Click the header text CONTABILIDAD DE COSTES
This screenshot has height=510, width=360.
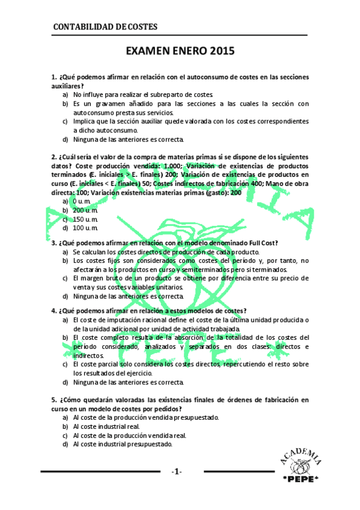(105, 26)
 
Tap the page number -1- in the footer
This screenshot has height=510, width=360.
(175, 472)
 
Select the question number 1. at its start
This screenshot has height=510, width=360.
(54, 78)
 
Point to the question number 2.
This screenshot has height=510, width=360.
(54, 158)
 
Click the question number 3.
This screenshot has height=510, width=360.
(54, 243)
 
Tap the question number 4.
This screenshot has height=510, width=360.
(54, 311)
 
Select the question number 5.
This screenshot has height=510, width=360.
(54, 399)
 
